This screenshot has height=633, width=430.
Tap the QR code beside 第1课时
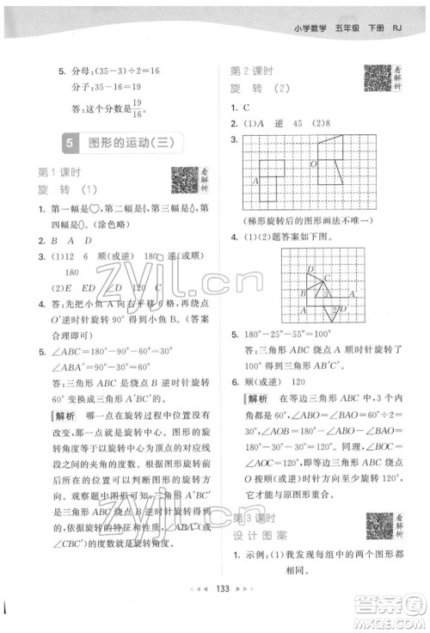182,180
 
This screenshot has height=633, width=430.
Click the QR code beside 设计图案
377,524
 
